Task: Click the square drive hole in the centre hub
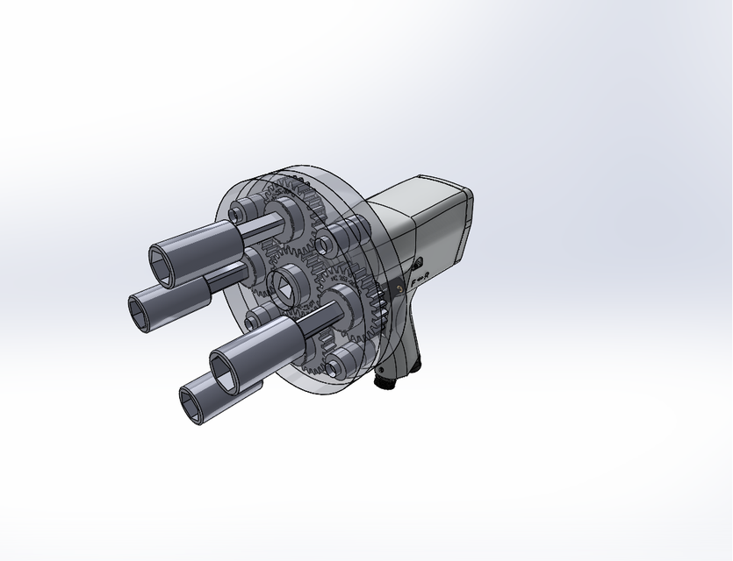click(x=287, y=286)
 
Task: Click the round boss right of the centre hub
click(x=324, y=246)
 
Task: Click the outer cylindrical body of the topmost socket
click(x=202, y=241)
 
